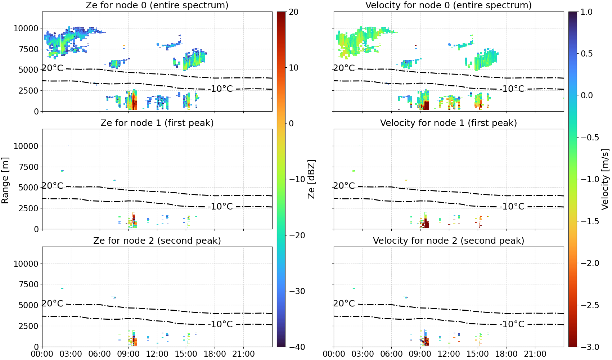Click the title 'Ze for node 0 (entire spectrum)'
click(x=157, y=5)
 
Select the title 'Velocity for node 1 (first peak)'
click(x=449, y=123)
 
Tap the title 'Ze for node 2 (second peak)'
click(x=157, y=240)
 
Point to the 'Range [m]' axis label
click(x=5, y=180)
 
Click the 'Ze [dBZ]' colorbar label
click(x=311, y=179)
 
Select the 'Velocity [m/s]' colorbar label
click(x=606, y=179)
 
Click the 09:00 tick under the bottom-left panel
click(x=129, y=354)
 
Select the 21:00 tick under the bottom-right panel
click(x=535, y=354)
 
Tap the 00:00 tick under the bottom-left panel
click(x=42, y=354)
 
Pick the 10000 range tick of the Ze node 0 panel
click(x=26, y=28)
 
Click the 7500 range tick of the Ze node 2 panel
click(x=28, y=284)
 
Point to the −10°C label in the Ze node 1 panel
click(x=220, y=207)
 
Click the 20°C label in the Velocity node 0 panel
click(x=344, y=68)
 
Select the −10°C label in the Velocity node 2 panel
click(x=512, y=324)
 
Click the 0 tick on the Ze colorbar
click(x=291, y=123)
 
